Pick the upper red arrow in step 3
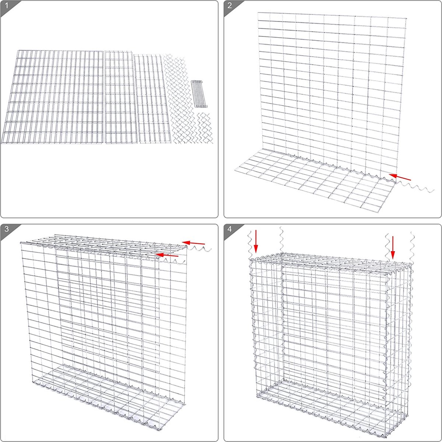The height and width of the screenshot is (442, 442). [194, 243]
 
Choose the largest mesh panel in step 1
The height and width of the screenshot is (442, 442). [52, 97]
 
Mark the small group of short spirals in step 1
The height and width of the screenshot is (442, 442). [204, 127]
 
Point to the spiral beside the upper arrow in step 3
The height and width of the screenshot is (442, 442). [201, 250]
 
